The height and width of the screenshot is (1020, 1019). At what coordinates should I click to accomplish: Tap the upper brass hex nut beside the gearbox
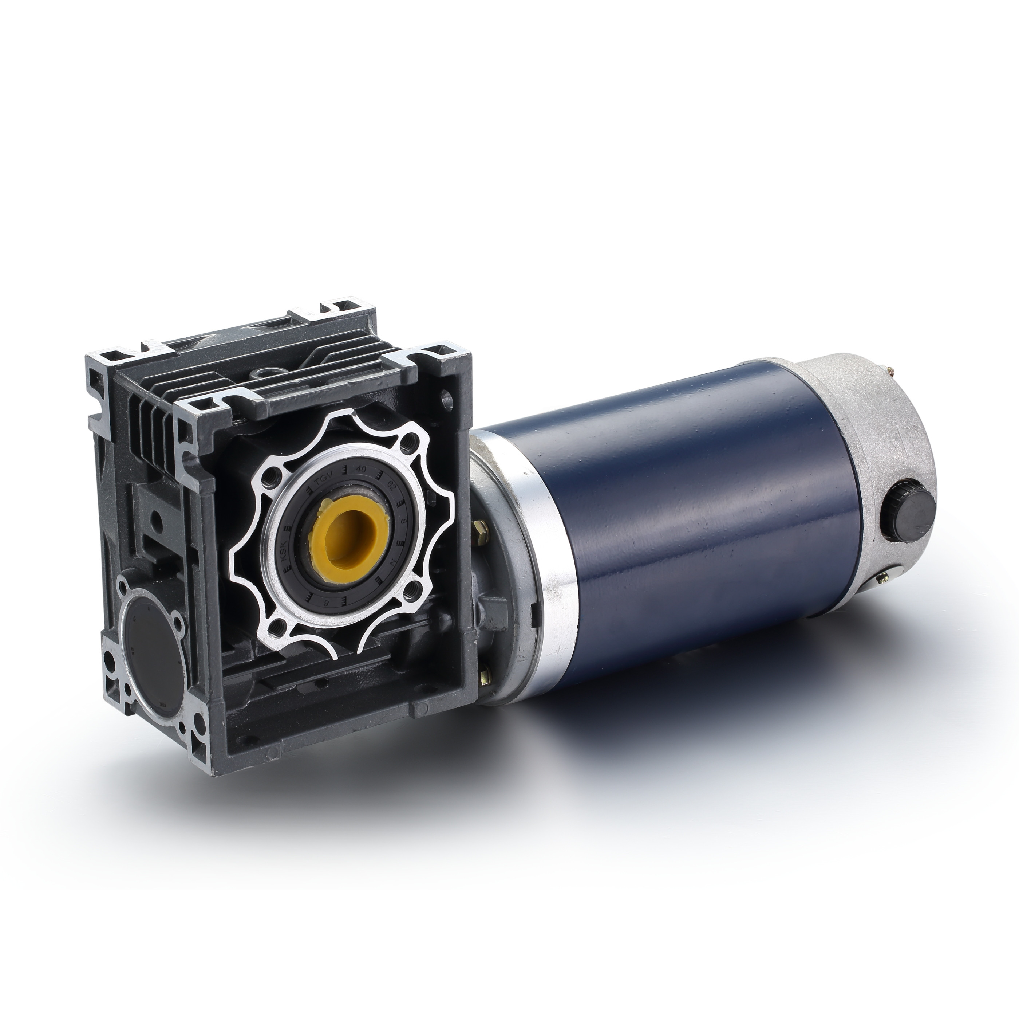tap(481, 530)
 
